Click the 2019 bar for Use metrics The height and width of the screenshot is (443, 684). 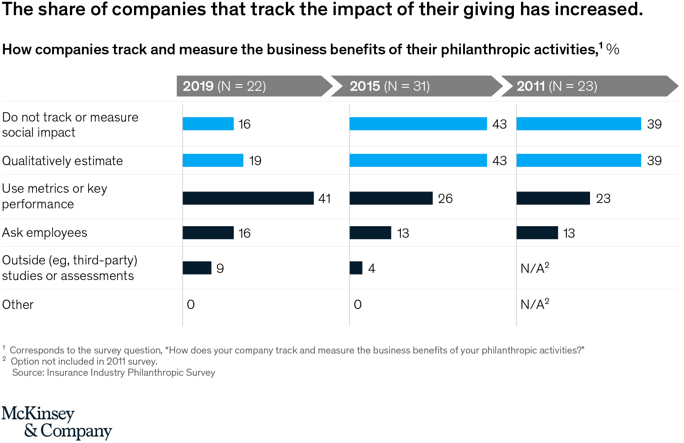[x=248, y=198]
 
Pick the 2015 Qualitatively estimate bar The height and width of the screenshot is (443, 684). [x=418, y=160]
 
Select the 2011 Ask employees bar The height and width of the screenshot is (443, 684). [x=537, y=233]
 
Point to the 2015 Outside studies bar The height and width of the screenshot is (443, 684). [x=356, y=268]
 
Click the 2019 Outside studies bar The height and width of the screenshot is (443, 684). [x=197, y=268]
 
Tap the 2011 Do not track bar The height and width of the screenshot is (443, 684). [x=578, y=124]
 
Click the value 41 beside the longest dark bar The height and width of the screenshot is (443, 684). [x=325, y=199]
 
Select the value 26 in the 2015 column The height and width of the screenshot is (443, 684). [x=445, y=199]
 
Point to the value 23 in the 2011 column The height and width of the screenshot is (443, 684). [x=603, y=199]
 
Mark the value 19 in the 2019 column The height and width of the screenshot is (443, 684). [x=255, y=161]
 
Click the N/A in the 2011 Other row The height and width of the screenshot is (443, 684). [x=534, y=305]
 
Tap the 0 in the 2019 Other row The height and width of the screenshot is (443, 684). [x=191, y=305]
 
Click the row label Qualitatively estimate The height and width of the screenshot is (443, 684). [x=62, y=161]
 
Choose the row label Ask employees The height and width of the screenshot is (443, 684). [x=45, y=233]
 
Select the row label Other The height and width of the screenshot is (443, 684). [x=18, y=305]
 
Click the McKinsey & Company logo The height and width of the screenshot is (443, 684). [x=57, y=422]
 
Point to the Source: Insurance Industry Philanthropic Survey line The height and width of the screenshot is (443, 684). [x=114, y=373]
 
